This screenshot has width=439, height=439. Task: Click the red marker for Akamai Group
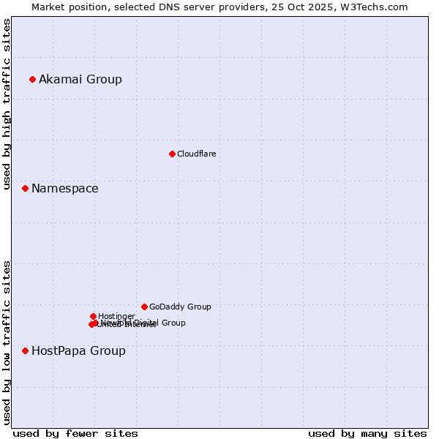click(32, 79)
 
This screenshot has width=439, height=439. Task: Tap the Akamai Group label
click(80, 79)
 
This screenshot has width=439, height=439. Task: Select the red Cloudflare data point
click(172, 154)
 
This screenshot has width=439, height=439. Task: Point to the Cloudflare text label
click(196, 154)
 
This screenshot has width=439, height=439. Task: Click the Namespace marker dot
click(25, 188)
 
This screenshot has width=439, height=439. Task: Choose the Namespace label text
click(64, 188)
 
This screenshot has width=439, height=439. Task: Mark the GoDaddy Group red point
click(144, 307)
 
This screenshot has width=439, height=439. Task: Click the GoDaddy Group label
click(180, 307)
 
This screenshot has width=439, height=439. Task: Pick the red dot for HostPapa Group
click(25, 350)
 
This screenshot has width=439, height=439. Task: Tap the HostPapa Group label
click(78, 350)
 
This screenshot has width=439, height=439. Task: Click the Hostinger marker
click(93, 316)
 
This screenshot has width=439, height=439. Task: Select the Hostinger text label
click(116, 316)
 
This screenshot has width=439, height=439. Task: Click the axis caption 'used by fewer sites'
click(75, 433)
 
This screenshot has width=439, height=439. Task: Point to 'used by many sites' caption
click(367, 433)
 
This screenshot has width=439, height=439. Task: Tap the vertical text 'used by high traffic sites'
click(7, 104)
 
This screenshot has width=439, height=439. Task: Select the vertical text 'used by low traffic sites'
click(7, 342)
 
